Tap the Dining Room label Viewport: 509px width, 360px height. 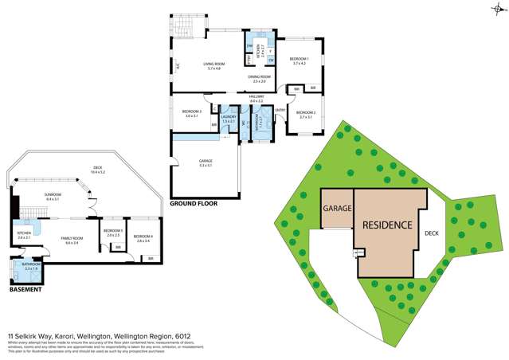(x=260, y=76)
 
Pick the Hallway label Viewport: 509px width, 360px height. (x=256, y=96)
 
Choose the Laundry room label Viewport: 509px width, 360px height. (x=229, y=117)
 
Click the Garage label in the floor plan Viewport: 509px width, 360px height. (x=206, y=162)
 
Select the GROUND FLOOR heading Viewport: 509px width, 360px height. (x=193, y=204)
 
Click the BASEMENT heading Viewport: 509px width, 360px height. (x=25, y=289)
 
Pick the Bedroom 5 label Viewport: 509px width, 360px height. (x=112, y=232)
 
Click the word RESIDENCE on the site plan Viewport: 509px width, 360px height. (x=387, y=225)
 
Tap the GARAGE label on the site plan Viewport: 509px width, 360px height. (x=336, y=209)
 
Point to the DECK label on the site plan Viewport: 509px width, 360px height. (x=431, y=233)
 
